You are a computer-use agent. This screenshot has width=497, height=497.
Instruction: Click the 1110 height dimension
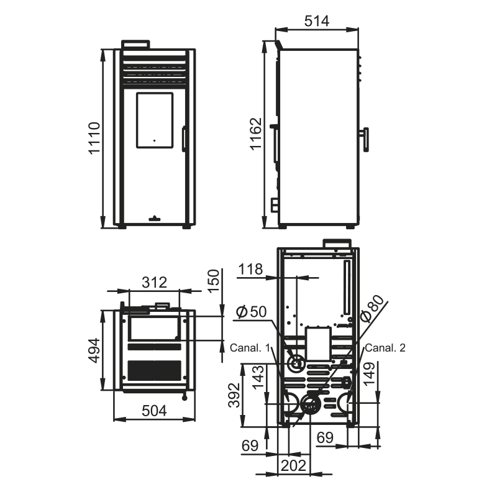click(94, 138)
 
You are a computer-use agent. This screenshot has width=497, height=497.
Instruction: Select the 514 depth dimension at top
click(317, 21)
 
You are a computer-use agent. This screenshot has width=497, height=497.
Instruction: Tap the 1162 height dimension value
click(255, 134)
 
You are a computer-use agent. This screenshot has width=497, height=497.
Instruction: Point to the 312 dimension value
click(154, 282)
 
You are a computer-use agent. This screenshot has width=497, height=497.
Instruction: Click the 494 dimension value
click(94, 350)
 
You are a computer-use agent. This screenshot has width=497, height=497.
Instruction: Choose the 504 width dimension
click(154, 411)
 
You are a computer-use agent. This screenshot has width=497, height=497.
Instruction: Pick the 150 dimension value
click(214, 281)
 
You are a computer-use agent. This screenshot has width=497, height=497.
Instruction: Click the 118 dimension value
click(250, 269)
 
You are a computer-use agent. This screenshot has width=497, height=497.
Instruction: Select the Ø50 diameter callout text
click(252, 312)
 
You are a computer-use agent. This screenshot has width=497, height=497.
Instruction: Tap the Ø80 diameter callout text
click(373, 308)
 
